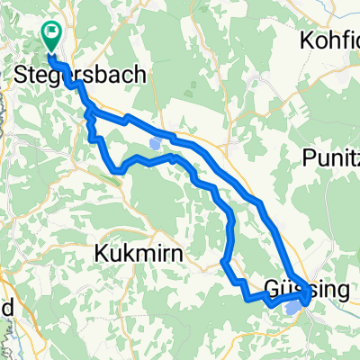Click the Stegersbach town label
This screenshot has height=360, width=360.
pyautogui.click(x=80, y=76)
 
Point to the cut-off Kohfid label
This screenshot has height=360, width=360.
pyautogui.click(x=328, y=41)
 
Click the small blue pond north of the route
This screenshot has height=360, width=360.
pyautogui.click(x=157, y=142)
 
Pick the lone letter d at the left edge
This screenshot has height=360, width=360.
pyautogui.click(x=7, y=308)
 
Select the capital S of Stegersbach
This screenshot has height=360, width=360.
pyautogui.click(x=22, y=76)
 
